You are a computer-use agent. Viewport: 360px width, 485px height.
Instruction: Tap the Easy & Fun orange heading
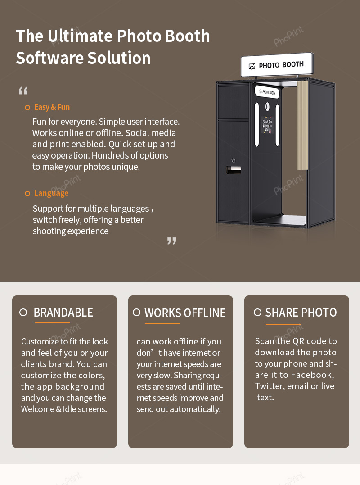click(52, 107)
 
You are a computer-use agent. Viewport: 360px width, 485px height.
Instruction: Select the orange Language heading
click(51, 193)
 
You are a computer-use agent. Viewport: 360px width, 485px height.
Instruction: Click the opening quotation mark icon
click(23, 91)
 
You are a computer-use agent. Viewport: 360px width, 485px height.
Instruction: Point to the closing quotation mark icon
click(171, 240)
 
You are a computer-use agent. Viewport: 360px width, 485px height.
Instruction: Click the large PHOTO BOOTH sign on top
click(276, 65)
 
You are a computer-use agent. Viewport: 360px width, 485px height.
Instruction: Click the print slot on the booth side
click(233, 169)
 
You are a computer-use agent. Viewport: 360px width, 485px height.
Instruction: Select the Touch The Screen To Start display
click(267, 125)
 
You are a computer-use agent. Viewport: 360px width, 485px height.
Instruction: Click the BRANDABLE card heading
click(63, 313)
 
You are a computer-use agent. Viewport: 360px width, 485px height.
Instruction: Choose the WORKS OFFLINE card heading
click(185, 313)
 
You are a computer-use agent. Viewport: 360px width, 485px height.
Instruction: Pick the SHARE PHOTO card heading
click(301, 313)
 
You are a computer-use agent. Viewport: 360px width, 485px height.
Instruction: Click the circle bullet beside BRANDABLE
click(23, 312)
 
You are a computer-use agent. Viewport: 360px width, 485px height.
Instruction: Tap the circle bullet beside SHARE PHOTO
click(257, 312)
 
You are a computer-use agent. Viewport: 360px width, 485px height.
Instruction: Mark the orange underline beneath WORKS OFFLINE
click(162, 323)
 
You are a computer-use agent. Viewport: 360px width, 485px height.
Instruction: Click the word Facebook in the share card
click(312, 375)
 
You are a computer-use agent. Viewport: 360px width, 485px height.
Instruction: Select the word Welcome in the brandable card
click(38, 409)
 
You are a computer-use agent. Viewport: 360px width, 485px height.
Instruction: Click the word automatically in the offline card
click(198, 409)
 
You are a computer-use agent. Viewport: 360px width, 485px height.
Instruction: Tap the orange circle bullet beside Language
click(27, 194)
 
